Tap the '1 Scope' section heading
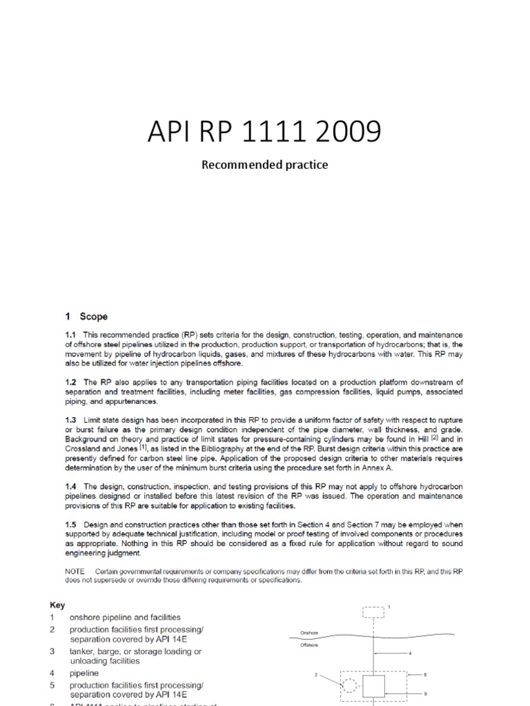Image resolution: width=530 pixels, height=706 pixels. (86, 316)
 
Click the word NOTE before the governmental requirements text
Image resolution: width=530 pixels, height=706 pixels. (75, 572)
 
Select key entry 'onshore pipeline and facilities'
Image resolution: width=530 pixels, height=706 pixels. (125, 617)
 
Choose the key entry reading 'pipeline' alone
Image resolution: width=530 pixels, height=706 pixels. (84, 673)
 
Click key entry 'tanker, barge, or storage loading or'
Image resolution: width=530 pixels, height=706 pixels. (135, 652)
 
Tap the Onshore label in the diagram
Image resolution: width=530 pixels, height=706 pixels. (309, 632)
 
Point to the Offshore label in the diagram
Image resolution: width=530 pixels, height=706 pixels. (309, 645)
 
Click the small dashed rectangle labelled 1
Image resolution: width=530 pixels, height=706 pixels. (373, 612)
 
